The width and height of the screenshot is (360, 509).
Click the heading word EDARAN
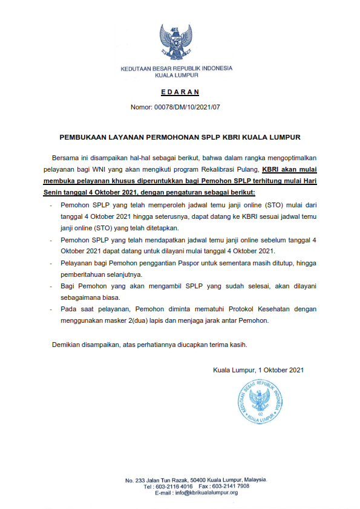[180, 92]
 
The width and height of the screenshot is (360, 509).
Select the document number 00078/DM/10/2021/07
[192, 108]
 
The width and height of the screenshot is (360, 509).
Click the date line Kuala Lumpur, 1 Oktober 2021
[258, 370]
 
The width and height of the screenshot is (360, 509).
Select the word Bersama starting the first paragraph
[67, 158]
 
